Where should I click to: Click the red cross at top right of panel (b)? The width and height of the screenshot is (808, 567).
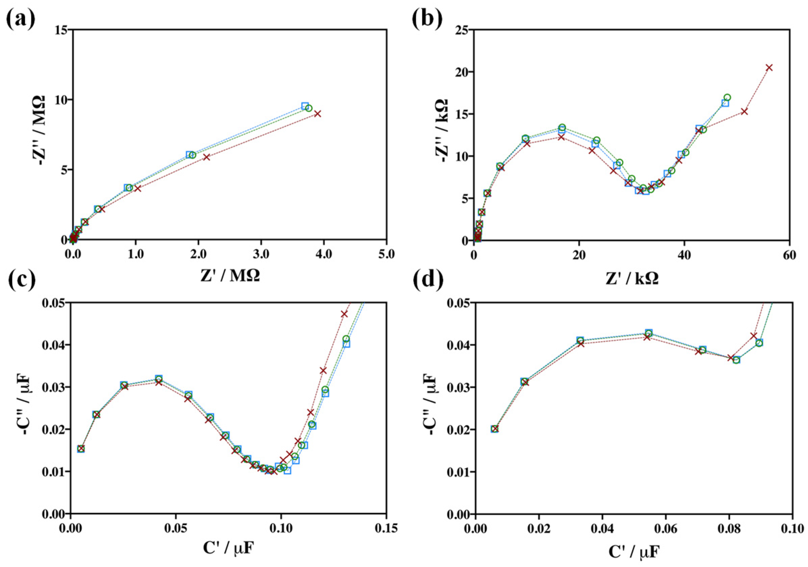click(x=769, y=68)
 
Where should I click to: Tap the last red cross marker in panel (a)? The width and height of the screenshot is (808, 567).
click(x=318, y=114)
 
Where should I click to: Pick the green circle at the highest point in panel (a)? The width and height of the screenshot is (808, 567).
click(x=309, y=108)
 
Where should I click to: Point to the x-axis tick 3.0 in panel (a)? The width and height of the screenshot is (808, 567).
click(x=261, y=254)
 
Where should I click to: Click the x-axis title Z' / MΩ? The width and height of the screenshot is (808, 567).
click(x=230, y=276)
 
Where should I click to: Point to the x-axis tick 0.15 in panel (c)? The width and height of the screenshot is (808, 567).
click(x=386, y=528)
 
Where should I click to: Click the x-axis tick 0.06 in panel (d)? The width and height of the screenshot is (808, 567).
click(x=666, y=528)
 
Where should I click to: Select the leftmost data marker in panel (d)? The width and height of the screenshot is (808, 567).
click(x=495, y=428)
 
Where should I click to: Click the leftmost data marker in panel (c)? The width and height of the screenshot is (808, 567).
click(x=81, y=449)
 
